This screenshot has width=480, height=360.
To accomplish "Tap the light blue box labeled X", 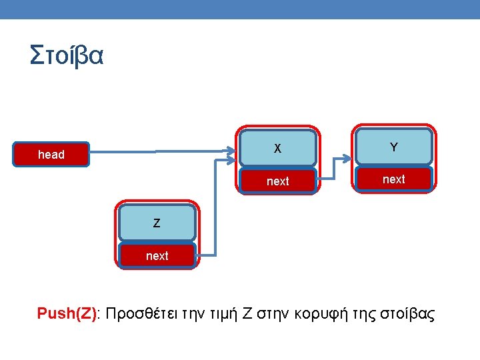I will point(278,148).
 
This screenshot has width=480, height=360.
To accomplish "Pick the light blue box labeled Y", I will point(394,147).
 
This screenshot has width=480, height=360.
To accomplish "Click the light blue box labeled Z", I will point(157,223).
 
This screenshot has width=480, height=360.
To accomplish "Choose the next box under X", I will point(278,181).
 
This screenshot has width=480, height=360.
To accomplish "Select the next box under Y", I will point(394,179).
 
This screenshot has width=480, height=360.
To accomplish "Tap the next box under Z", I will point(157,255).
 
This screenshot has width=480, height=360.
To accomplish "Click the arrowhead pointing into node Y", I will point(346,159).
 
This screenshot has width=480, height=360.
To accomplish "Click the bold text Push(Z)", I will point(67,313).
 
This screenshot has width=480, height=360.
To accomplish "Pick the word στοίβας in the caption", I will point(407,313).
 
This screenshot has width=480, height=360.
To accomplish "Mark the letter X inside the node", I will point(278,148).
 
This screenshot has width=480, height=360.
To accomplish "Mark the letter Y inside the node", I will point(394,147).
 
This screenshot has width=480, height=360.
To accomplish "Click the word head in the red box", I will point(51,155).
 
